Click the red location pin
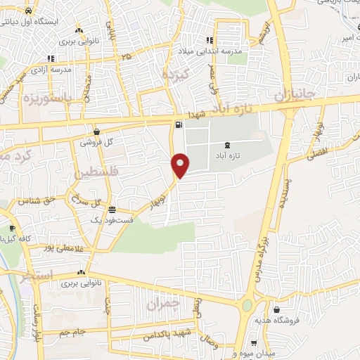point(181,165)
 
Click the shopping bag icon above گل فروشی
point(96,131)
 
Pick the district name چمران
point(165,305)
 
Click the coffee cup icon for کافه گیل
point(11,229)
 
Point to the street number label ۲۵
point(126,56)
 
